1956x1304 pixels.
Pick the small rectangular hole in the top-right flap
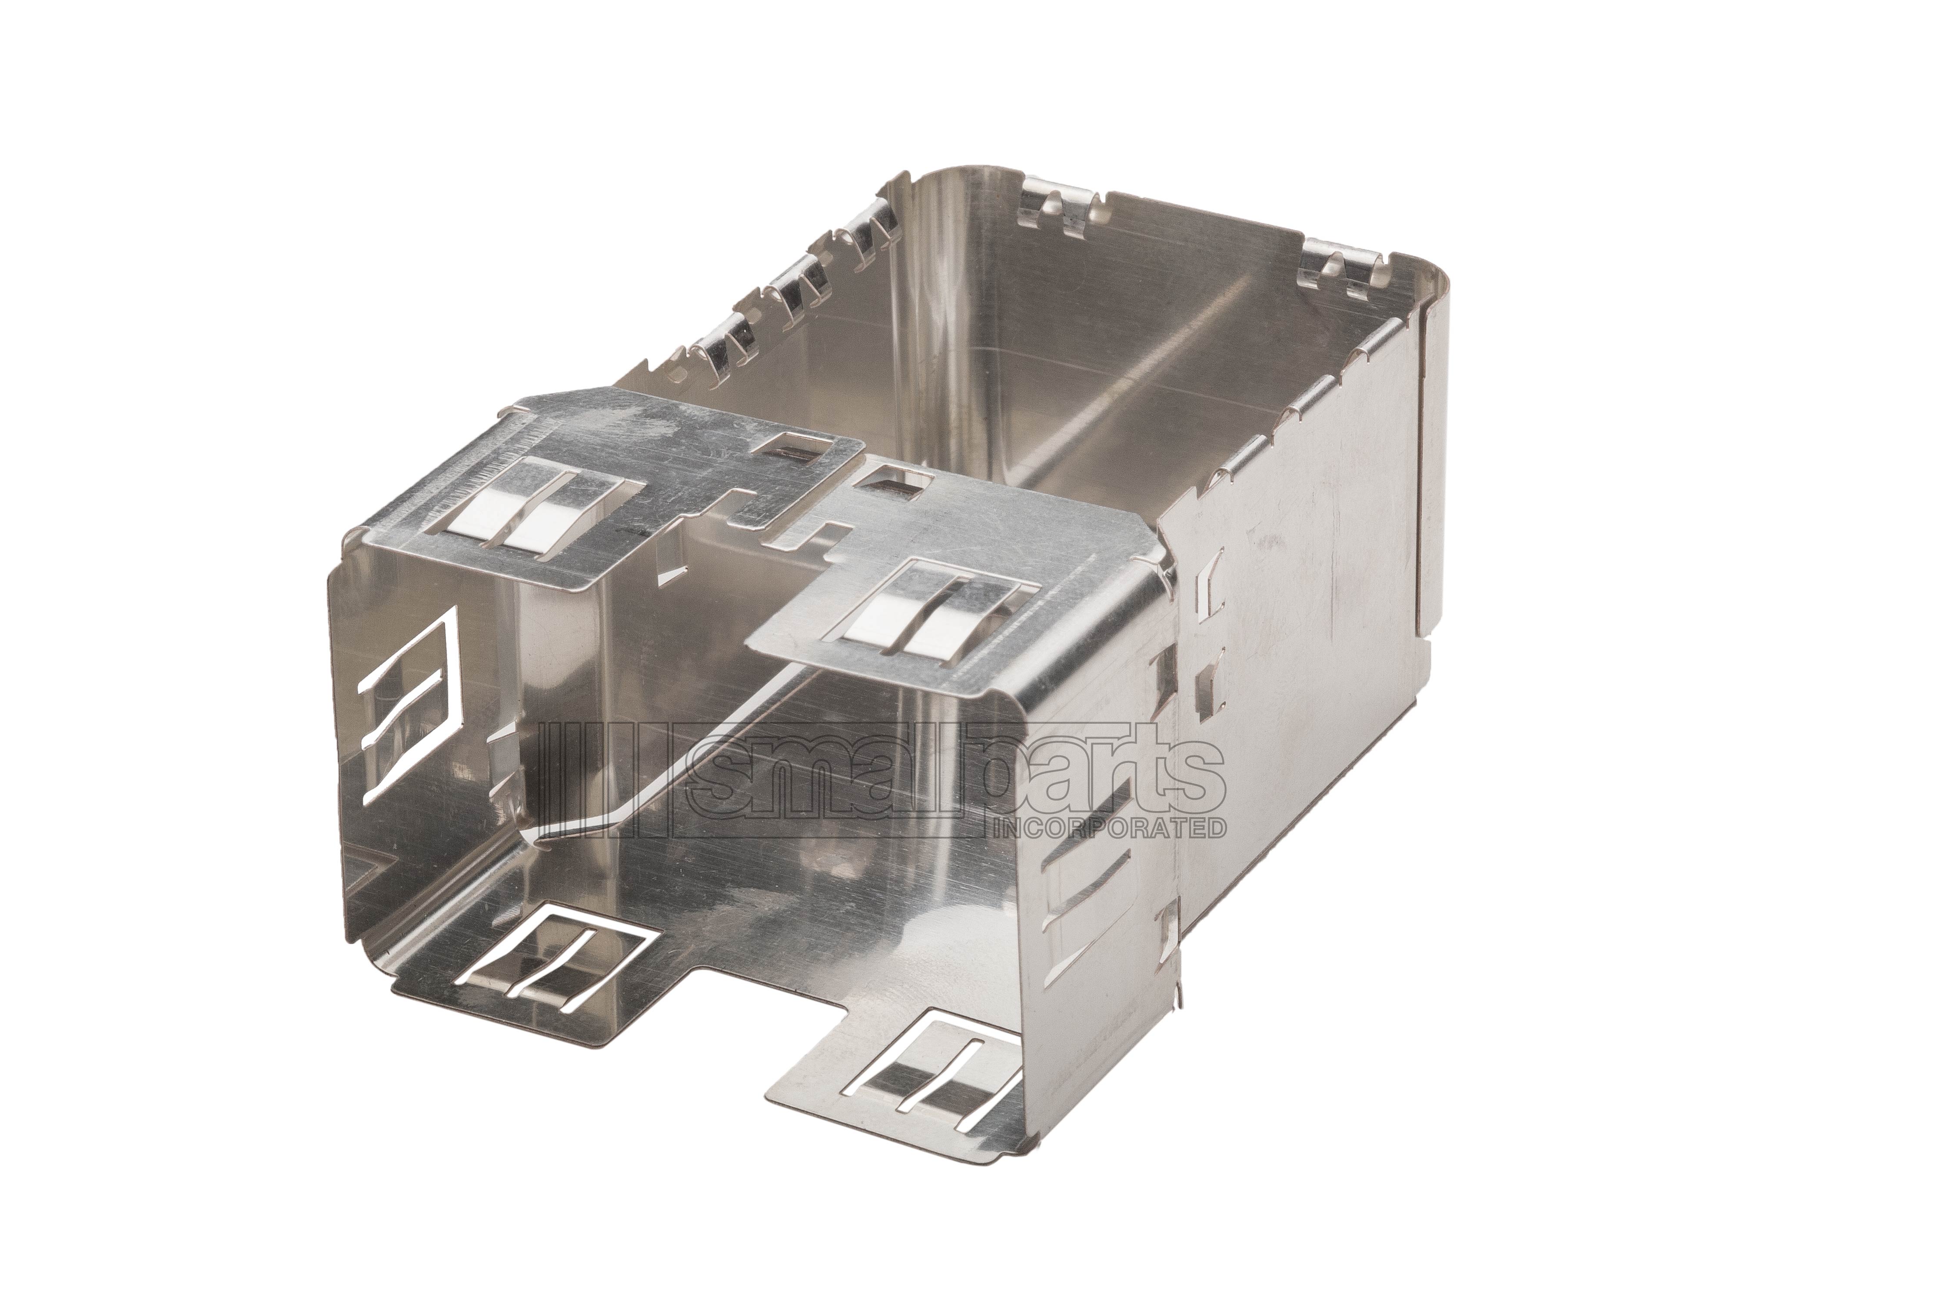[892, 482]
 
